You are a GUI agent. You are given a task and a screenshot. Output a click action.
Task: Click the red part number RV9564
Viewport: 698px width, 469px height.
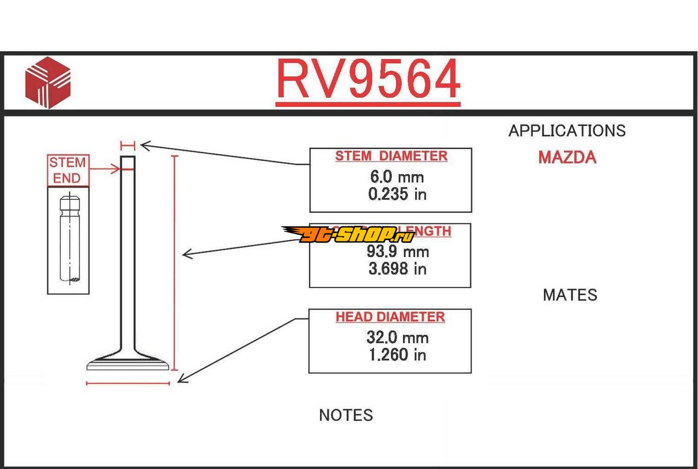368,80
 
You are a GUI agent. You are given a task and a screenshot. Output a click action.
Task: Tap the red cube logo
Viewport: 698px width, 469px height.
48,83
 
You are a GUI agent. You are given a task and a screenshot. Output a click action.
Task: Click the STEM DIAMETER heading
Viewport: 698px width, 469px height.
391,156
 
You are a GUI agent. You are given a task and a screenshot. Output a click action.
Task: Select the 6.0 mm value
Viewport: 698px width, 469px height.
397,177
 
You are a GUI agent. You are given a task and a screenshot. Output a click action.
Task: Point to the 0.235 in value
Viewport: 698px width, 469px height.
397,194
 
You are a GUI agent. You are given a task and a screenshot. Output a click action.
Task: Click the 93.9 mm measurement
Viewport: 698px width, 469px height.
397,251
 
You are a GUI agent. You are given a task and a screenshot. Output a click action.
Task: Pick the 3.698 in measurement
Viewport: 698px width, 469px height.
397,269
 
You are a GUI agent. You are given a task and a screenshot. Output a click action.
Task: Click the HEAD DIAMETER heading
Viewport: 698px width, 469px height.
390,317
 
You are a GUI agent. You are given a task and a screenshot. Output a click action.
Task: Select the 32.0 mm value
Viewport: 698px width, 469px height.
397,338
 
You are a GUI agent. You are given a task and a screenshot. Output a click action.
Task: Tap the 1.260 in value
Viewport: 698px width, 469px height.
397,355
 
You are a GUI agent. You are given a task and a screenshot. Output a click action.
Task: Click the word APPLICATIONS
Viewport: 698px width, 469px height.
567,131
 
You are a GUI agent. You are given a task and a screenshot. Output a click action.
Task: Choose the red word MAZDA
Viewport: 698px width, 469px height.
567,157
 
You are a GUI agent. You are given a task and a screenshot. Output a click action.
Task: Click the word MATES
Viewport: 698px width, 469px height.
570,295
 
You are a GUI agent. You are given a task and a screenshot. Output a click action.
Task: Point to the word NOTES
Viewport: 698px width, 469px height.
346,415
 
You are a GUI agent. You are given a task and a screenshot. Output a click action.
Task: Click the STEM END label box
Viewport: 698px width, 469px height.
68,170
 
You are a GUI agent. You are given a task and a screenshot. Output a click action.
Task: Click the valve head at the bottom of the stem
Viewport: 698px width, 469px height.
128,363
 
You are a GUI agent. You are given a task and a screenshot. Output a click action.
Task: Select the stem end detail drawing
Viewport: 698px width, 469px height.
68,240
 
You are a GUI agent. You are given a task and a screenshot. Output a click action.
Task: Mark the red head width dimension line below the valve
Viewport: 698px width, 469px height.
128,383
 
